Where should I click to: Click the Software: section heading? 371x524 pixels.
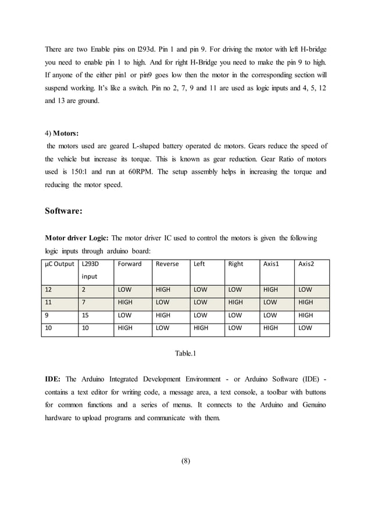coord(63,211)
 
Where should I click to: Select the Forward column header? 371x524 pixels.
coord(129,264)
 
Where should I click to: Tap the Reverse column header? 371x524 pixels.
coord(166,264)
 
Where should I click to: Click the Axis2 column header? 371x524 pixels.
coord(306,264)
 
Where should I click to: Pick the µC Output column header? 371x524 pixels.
coord(59,264)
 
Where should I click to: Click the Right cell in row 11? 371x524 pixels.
coord(236,302)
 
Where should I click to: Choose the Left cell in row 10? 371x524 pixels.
coord(201,328)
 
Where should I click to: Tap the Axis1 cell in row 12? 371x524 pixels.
coord(270,289)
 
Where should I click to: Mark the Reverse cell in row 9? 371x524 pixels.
coord(163,315)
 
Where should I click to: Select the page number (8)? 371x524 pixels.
coord(185,462)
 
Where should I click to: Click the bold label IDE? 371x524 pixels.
coord(53,379)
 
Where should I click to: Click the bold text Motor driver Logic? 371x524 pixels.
coord(76,238)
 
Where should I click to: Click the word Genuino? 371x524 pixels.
coord(313,405)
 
